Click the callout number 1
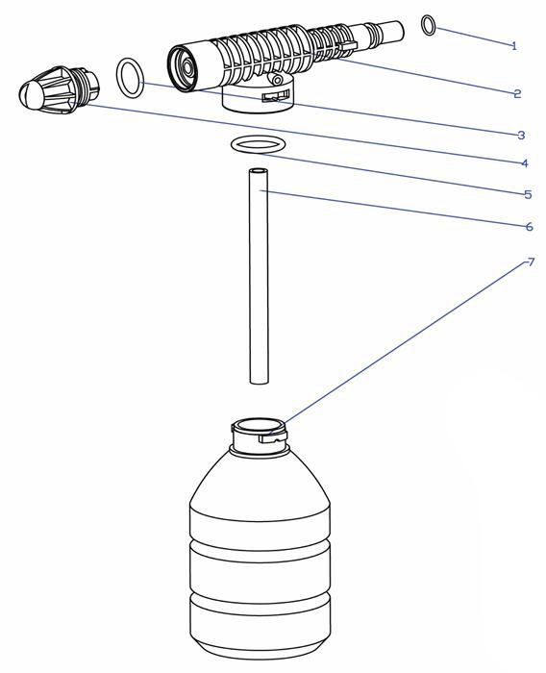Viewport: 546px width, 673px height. click(514, 46)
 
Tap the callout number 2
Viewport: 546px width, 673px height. click(517, 93)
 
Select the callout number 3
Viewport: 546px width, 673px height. click(521, 136)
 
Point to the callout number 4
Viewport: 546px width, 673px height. click(524, 163)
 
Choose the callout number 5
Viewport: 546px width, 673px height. click(528, 194)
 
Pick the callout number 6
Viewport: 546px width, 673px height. click(530, 226)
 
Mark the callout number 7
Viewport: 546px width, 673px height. click(531, 262)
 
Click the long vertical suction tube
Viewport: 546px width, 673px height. click(259, 276)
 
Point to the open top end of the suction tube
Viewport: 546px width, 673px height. click(259, 171)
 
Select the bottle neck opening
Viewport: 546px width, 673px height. click(258, 425)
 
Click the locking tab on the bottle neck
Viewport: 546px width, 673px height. click(273, 436)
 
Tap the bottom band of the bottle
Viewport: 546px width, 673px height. click(261, 619)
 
